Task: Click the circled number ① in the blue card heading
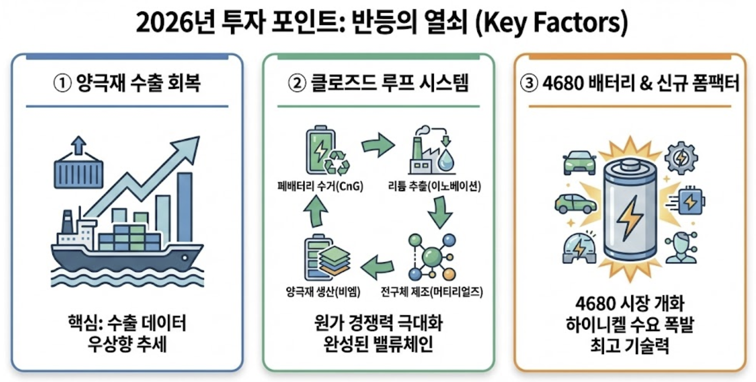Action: pyautogui.click(x=62, y=83)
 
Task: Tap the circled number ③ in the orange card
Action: pyautogui.click(x=529, y=83)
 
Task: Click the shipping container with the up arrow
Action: pyautogui.click(x=79, y=169)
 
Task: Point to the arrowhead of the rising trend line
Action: pyautogui.click(x=190, y=145)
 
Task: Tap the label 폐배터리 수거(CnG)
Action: pyautogui.click(x=320, y=186)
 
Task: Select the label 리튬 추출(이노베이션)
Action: pyautogui.click(x=434, y=186)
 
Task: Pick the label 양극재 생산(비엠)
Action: pyautogui.click(x=323, y=292)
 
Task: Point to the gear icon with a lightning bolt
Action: pyautogui.click(x=681, y=158)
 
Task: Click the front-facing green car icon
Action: pyautogui.click(x=580, y=162)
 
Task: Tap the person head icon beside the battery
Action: pyautogui.click(x=681, y=247)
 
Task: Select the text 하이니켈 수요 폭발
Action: pyautogui.click(x=630, y=325)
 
